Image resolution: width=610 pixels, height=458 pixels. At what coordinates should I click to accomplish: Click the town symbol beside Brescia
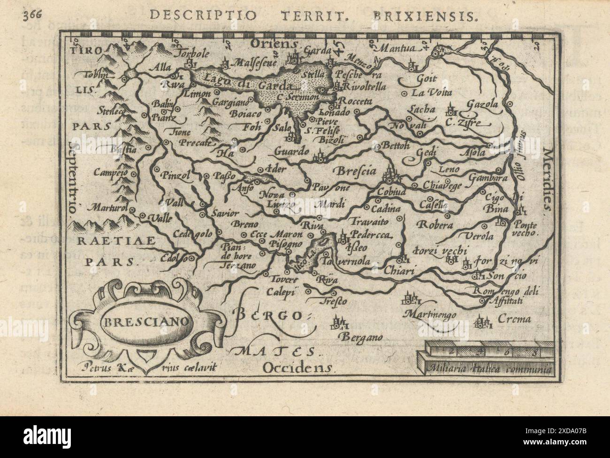389,174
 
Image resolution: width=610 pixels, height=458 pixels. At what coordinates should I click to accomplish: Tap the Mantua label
397,48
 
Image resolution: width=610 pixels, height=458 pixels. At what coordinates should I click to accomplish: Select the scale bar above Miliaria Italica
488,350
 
